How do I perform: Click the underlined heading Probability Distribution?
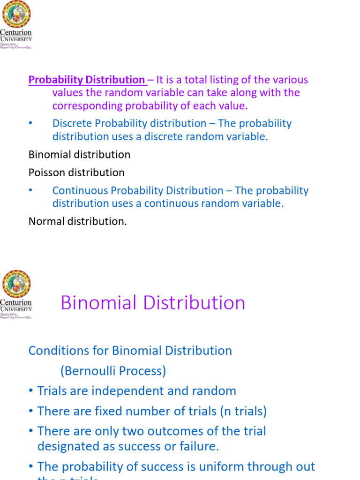pos(87,80)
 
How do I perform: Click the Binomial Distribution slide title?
pos(153,303)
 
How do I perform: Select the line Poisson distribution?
pos(76,172)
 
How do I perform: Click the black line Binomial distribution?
pos(79,154)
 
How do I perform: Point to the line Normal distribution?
pos(77,221)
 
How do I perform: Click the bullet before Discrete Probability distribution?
pos(31,123)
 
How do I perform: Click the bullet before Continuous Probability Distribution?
pos(31,190)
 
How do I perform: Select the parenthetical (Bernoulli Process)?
pos(113,371)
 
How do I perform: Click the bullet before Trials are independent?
pos(31,391)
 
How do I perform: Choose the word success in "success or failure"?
pos(144,447)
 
